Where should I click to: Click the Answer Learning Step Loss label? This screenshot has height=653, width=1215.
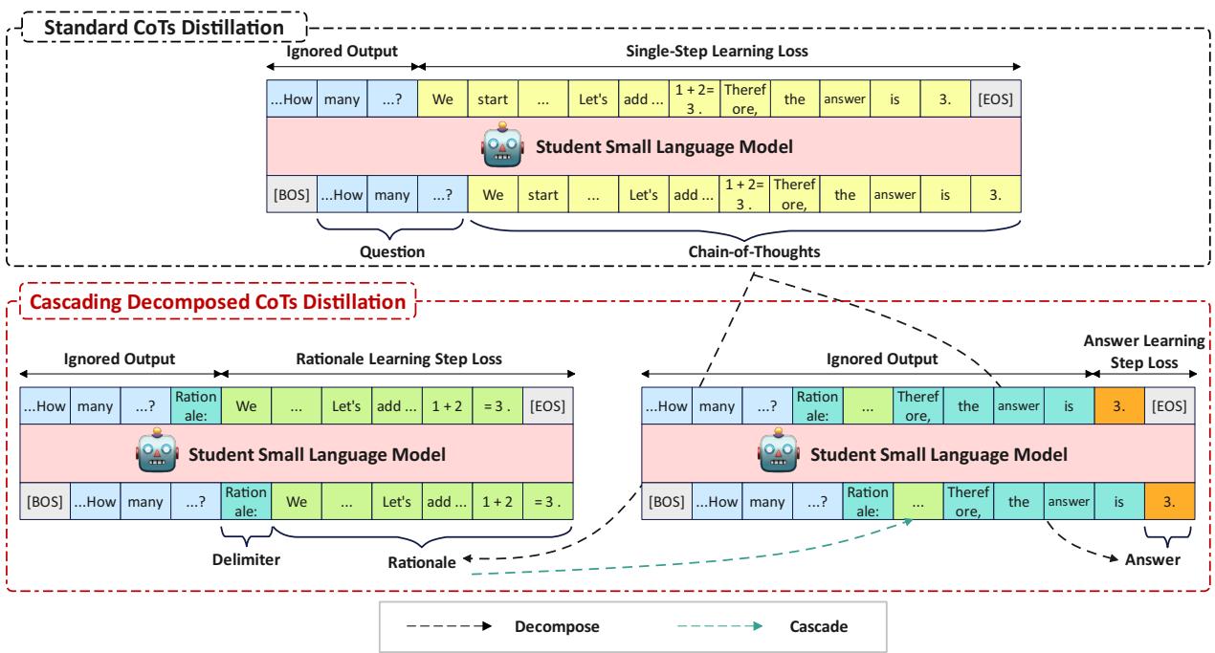(1142, 352)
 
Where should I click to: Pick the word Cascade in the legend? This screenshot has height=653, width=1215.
(816, 627)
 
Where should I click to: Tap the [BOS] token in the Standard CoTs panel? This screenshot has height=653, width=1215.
(291, 195)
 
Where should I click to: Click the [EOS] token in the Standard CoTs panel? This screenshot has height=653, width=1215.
(995, 98)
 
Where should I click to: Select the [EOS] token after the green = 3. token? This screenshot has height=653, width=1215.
(547, 405)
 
